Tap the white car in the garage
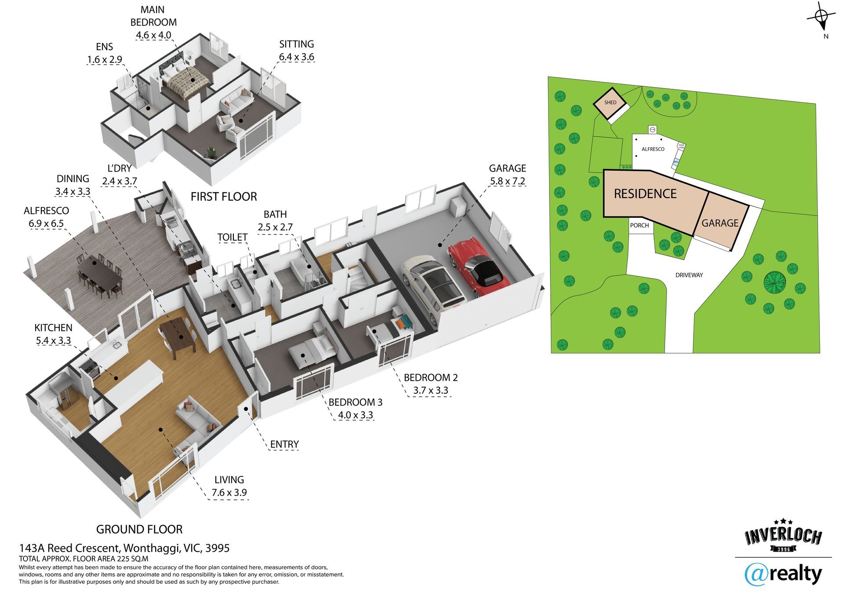433,288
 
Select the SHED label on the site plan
610,103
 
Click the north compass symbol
821,18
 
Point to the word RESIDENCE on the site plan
645,194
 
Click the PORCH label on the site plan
639,225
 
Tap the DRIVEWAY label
689,275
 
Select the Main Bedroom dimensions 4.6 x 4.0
153,35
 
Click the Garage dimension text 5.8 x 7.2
508,181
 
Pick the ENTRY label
284,444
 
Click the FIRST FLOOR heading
224,197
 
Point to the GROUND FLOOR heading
139,529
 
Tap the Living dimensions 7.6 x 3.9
229,492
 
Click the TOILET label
232,237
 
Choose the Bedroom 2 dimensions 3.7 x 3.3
430,390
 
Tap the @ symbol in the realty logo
756,575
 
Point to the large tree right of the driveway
775,282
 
